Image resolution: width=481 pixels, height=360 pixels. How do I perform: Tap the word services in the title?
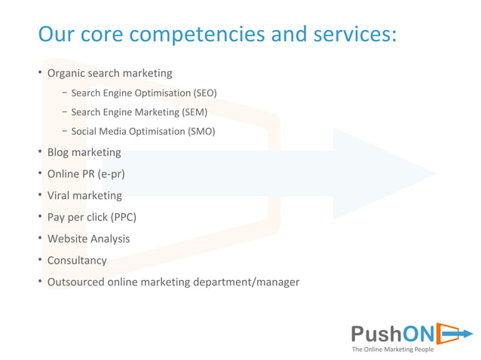pos(348,35)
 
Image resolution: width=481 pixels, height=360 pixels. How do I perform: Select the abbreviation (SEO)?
pos(204,93)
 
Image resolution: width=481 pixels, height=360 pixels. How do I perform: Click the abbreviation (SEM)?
pos(195,112)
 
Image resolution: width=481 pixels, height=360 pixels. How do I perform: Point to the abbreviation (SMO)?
pos(202,131)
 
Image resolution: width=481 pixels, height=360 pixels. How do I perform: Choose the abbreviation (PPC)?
pos(124,217)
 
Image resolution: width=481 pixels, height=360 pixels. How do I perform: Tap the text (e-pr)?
pos(111,174)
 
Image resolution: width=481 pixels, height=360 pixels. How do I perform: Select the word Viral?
pos(59,196)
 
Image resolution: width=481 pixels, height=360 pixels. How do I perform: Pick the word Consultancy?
pos(77,261)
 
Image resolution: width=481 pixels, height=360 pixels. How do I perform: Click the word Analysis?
pos(110,239)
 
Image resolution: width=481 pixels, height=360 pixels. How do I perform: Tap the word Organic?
pos(66,74)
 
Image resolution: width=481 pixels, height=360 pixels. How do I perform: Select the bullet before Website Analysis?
pos(40,239)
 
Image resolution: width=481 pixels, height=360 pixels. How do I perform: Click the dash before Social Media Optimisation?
pos(65,131)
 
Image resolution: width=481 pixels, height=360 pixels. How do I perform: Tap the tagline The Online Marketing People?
pos(393,349)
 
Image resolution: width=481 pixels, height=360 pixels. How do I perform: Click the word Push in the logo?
pos(376,333)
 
